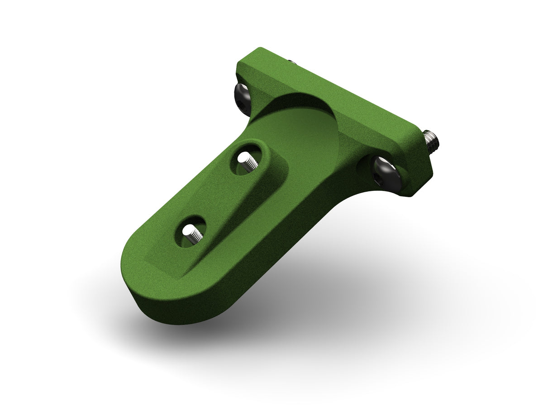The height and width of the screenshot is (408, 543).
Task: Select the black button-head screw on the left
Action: [x=243, y=98]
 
